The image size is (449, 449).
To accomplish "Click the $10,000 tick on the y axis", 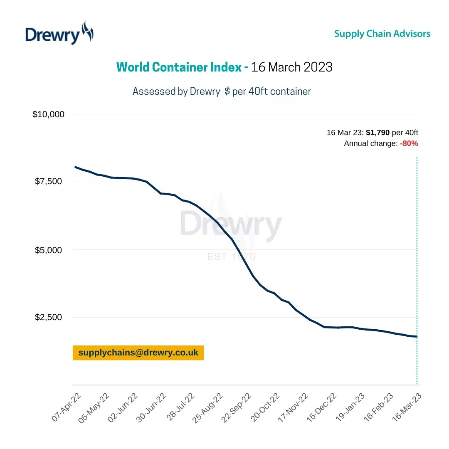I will [48, 114].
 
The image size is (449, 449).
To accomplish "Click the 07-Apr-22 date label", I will [67, 408].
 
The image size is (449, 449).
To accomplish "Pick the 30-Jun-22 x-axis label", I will [152, 408].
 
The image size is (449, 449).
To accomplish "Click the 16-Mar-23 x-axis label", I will [409, 408].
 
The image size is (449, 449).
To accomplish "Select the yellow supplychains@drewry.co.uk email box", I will [138, 353].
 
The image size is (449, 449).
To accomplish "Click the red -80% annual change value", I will [409, 143].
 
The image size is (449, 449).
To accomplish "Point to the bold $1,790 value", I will [377, 133].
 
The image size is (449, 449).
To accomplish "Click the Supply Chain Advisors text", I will [382, 34].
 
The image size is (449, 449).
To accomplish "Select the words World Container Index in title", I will [179, 67].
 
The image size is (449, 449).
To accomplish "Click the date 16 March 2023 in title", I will [292, 67].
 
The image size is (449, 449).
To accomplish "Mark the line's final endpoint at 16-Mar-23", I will [416, 336].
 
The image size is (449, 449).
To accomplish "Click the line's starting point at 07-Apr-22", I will [75, 167].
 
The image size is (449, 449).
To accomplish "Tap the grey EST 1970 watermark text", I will [231, 257].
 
